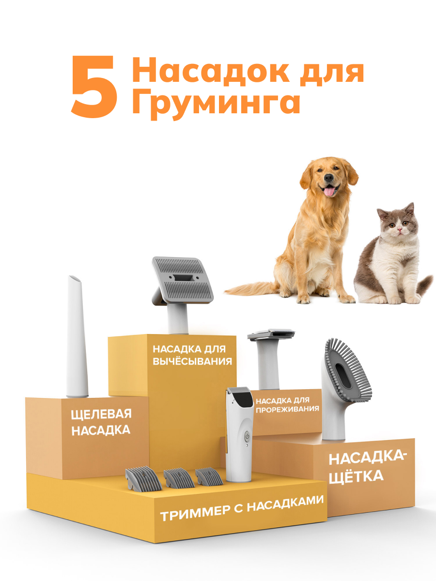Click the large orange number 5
click(x=94, y=87)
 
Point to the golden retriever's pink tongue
click(x=329, y=192)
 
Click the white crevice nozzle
click(x=77, y=339)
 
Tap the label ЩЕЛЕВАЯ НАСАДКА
click(x=101, y=422)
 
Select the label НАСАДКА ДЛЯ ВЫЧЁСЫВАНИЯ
click(x=192, y=355)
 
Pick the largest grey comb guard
click(x=143, y=478)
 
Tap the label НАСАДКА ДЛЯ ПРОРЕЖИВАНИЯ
click(x=287, y=405)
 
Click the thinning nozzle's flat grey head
click(x=271, y=335)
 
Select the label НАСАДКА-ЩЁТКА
click(x=368, y=467)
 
